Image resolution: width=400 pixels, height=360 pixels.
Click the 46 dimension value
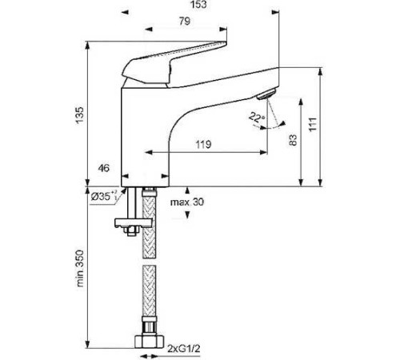(x=103, y=169)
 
